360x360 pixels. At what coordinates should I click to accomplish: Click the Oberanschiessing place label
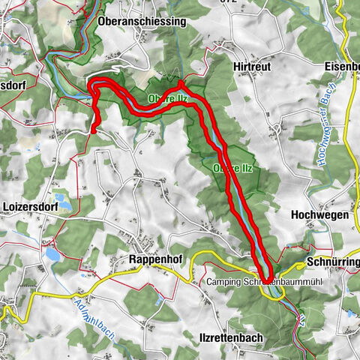pos(141,22)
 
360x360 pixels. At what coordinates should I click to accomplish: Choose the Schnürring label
pos(333,262)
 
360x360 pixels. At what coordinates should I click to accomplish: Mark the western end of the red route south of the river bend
pos(93,130)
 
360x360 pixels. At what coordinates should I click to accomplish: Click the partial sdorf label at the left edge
pos(13,85)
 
